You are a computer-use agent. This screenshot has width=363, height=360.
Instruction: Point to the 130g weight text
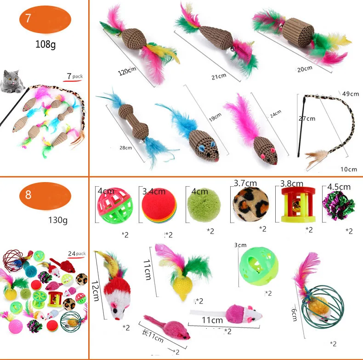click(x=58, y=220)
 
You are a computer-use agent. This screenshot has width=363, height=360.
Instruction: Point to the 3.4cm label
click(x=153, y=191)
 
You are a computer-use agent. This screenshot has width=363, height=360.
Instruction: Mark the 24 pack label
click(x=77, y=253)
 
